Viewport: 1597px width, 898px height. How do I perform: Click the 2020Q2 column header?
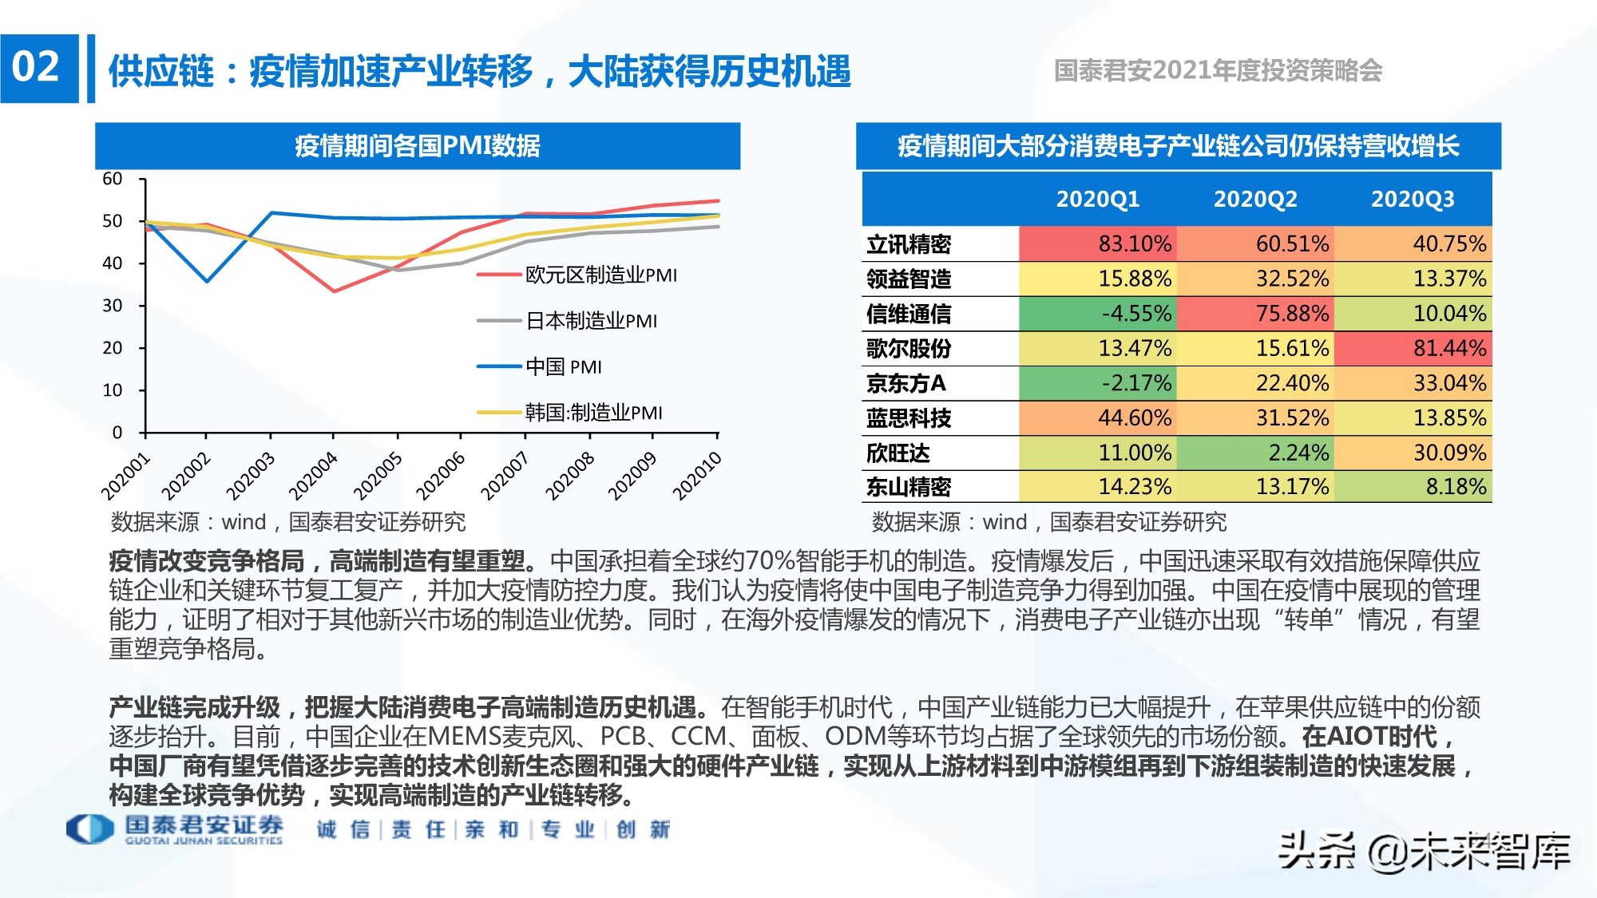pyautogui.click(x=1255, y=199)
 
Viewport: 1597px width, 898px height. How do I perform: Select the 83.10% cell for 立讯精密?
pyautogui.click(x=1097, y=243)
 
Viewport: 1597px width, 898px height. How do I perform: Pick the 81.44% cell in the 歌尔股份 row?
pyautogui.click(x=1413, y=348)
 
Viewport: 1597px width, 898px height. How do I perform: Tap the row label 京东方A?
pyautogui.click(x=906, y=383)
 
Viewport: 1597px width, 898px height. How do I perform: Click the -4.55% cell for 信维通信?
pyautogui.click(x=1097, y=313)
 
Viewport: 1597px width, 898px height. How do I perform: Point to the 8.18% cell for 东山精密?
pyautogui.click(x=1413, y=486)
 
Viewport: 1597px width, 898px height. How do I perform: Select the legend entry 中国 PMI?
pyautogui.click(x=563, y=367)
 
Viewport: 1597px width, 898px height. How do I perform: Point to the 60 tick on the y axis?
pyautogui.click(x=113, y=179)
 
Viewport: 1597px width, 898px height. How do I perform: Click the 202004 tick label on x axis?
pyautogui.click(x=313, y=477)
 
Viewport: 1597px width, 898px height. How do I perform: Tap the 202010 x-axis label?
pyautogui.click(x=696, y=477)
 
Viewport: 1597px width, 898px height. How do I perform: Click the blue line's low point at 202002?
pyautogui.click(x=207, y=281)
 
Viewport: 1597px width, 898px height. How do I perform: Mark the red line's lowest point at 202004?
pyautogui.click(x=334, y=291)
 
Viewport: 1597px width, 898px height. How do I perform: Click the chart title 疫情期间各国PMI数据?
pyautogui.click(x=417, y=146)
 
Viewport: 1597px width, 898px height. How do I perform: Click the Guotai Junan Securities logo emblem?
pyautogui.click(x=89, y=829)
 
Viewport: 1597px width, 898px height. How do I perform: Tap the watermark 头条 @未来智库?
pyautogui.click(x=1424, y=851)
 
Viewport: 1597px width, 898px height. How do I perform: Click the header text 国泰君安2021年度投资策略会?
pyautogui.click(x=1218, y=71)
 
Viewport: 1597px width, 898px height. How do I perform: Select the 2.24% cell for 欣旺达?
pyautogui.click(x=1255, y=453)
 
